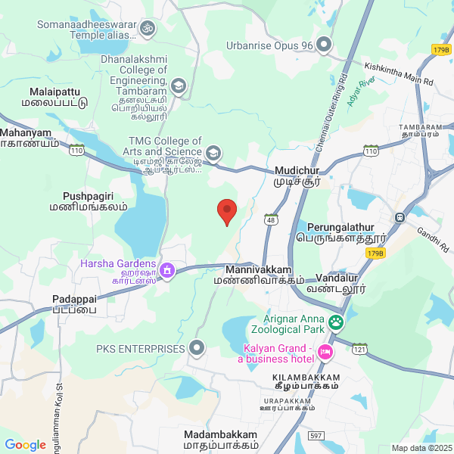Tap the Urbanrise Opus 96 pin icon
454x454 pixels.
(x=324, y=45)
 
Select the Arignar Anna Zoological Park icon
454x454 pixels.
(x=337, y=325)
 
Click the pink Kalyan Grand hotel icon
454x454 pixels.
(x=325, y=353)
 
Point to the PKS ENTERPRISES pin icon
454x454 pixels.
(x=197, y=349)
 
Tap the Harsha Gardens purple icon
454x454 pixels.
(x=168, y=269)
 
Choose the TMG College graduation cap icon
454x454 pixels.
(x=214, y=154)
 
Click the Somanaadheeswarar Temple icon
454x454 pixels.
(x=148, y=29)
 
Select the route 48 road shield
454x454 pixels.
(x=270, y=219)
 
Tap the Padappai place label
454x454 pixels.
(x=74, y=304)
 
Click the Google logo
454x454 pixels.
(x=25, y=445)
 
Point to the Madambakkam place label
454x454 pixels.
(x=220, y=440)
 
